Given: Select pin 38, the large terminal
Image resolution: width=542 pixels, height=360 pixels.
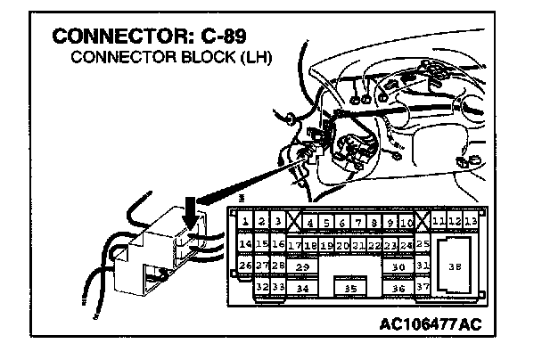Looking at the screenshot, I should coord(455,266).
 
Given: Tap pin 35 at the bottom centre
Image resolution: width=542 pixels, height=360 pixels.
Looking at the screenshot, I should coord(350,288).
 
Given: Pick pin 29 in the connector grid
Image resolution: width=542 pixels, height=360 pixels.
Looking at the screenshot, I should coord(302,266).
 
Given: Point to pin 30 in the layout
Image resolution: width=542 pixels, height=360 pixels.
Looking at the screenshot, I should coord(398,266).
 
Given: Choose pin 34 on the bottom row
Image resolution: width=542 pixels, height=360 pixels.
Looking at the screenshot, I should coord(302,288).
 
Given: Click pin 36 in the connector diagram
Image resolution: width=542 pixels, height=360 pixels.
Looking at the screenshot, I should coord(398,288).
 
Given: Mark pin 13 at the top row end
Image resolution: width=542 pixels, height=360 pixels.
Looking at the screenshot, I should coord(471,220).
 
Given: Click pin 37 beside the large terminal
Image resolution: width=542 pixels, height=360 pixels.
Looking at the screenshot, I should coord(423,288).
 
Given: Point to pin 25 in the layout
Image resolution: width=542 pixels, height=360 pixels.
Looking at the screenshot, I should coord(423,242).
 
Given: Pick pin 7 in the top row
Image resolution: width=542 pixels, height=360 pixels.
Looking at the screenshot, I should coord(357,221).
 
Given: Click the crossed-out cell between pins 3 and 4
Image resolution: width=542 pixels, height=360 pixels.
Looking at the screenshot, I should coord(293,221).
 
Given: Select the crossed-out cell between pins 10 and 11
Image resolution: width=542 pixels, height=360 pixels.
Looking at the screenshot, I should coord(423,220).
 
